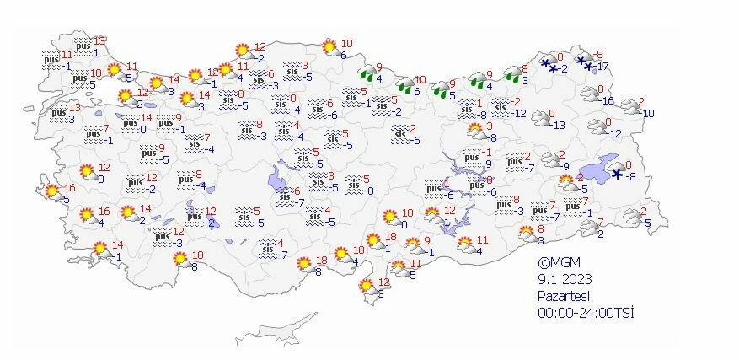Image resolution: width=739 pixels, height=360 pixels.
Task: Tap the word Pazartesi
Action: tap(565, 296)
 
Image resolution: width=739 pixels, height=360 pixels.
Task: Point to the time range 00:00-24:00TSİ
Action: tap(586, 313)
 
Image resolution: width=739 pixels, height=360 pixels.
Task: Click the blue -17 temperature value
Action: tap(602, 67)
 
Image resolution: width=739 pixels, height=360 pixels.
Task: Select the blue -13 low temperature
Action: tap(560, 126)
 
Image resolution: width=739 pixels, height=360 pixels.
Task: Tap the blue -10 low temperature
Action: tap(647, 113)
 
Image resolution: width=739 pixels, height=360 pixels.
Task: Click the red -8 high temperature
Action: tap(600, 54)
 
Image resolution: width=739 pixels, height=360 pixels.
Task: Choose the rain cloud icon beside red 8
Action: tap(511, 76)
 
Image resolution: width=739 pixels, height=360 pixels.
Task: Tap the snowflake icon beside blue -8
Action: tap(617, 174)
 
